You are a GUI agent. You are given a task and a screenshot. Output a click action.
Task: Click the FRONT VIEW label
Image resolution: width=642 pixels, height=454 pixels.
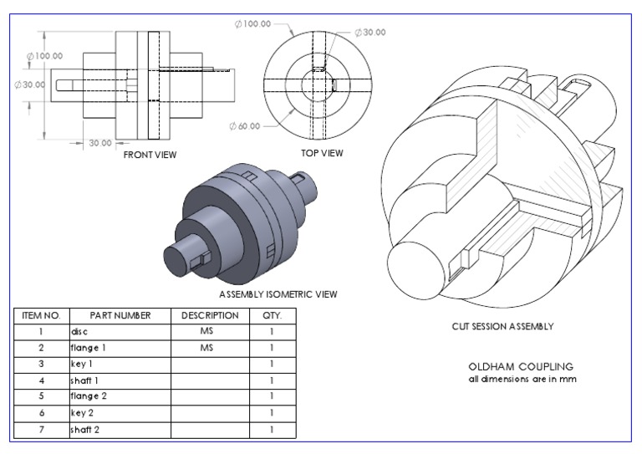click(150, 155)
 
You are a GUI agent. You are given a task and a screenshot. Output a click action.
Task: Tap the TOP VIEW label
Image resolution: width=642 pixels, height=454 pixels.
click(322, 153)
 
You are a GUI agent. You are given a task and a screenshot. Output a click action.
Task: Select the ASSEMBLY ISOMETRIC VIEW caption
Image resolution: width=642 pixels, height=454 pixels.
click(278, 294)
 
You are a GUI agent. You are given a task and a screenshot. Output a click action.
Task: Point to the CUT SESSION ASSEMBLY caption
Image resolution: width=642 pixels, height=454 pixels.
click(502, 327)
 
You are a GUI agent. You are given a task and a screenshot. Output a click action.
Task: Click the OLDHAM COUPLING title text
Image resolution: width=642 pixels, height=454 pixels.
click(522, 367)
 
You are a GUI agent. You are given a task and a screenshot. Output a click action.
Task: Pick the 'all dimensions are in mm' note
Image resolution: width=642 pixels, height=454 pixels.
click(522, 380)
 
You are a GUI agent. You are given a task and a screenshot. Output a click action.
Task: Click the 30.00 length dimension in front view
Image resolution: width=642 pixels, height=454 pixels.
click(100, 143)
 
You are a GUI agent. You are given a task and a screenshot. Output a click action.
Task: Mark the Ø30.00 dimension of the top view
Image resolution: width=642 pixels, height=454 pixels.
click(370, 32)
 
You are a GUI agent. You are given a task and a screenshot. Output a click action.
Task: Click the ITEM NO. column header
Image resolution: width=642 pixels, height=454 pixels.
click(41, 316)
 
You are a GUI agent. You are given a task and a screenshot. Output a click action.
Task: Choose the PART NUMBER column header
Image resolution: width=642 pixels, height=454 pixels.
click(120, 316)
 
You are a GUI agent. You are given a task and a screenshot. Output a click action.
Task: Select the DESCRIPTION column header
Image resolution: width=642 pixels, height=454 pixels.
click(206, 316)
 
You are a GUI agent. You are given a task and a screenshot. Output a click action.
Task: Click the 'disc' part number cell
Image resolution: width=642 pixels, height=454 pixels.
click(80, 332)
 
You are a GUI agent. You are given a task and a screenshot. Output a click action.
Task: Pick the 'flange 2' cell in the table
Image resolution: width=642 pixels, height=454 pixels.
click(88, 396)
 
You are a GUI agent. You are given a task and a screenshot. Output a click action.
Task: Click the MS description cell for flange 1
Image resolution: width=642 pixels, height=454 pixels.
click(206, 348)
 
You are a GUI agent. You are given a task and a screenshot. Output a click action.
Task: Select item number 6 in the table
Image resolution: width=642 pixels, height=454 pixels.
click(41, 413)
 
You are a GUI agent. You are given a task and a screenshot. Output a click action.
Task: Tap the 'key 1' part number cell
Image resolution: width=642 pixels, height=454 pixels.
click(83, 365)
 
